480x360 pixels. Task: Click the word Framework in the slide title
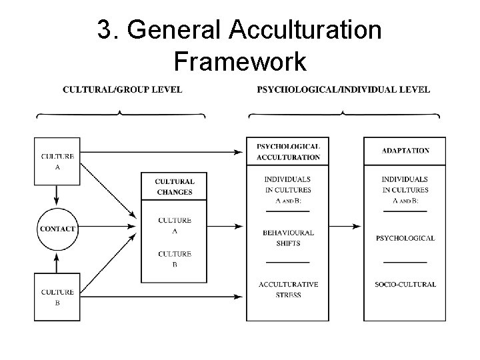pos(239,61)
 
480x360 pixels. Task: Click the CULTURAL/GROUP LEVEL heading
pos(122,89)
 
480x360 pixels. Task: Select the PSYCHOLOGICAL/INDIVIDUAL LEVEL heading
pos(343,89)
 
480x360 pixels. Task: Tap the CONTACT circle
pos(57,229)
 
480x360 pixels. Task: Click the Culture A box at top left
pos(57,161)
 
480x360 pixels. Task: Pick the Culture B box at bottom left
pos(57,296)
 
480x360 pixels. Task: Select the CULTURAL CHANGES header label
pos(174,187)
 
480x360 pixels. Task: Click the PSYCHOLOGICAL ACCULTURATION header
pos(288,152)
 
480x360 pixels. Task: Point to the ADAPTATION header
pos(405,151)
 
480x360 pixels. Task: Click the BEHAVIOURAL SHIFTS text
pos(288,238)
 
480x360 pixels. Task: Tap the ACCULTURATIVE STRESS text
pos(288,289)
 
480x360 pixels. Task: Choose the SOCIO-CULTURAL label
pos(405,285)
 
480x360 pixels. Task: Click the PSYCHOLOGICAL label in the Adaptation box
pos(405,238)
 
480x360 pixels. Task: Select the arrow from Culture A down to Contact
pos(57,195)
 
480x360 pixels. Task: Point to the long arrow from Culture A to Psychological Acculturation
pos(160,153)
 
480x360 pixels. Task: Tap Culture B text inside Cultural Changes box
pos(175,258)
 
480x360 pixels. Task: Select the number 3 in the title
pos(103,30)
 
